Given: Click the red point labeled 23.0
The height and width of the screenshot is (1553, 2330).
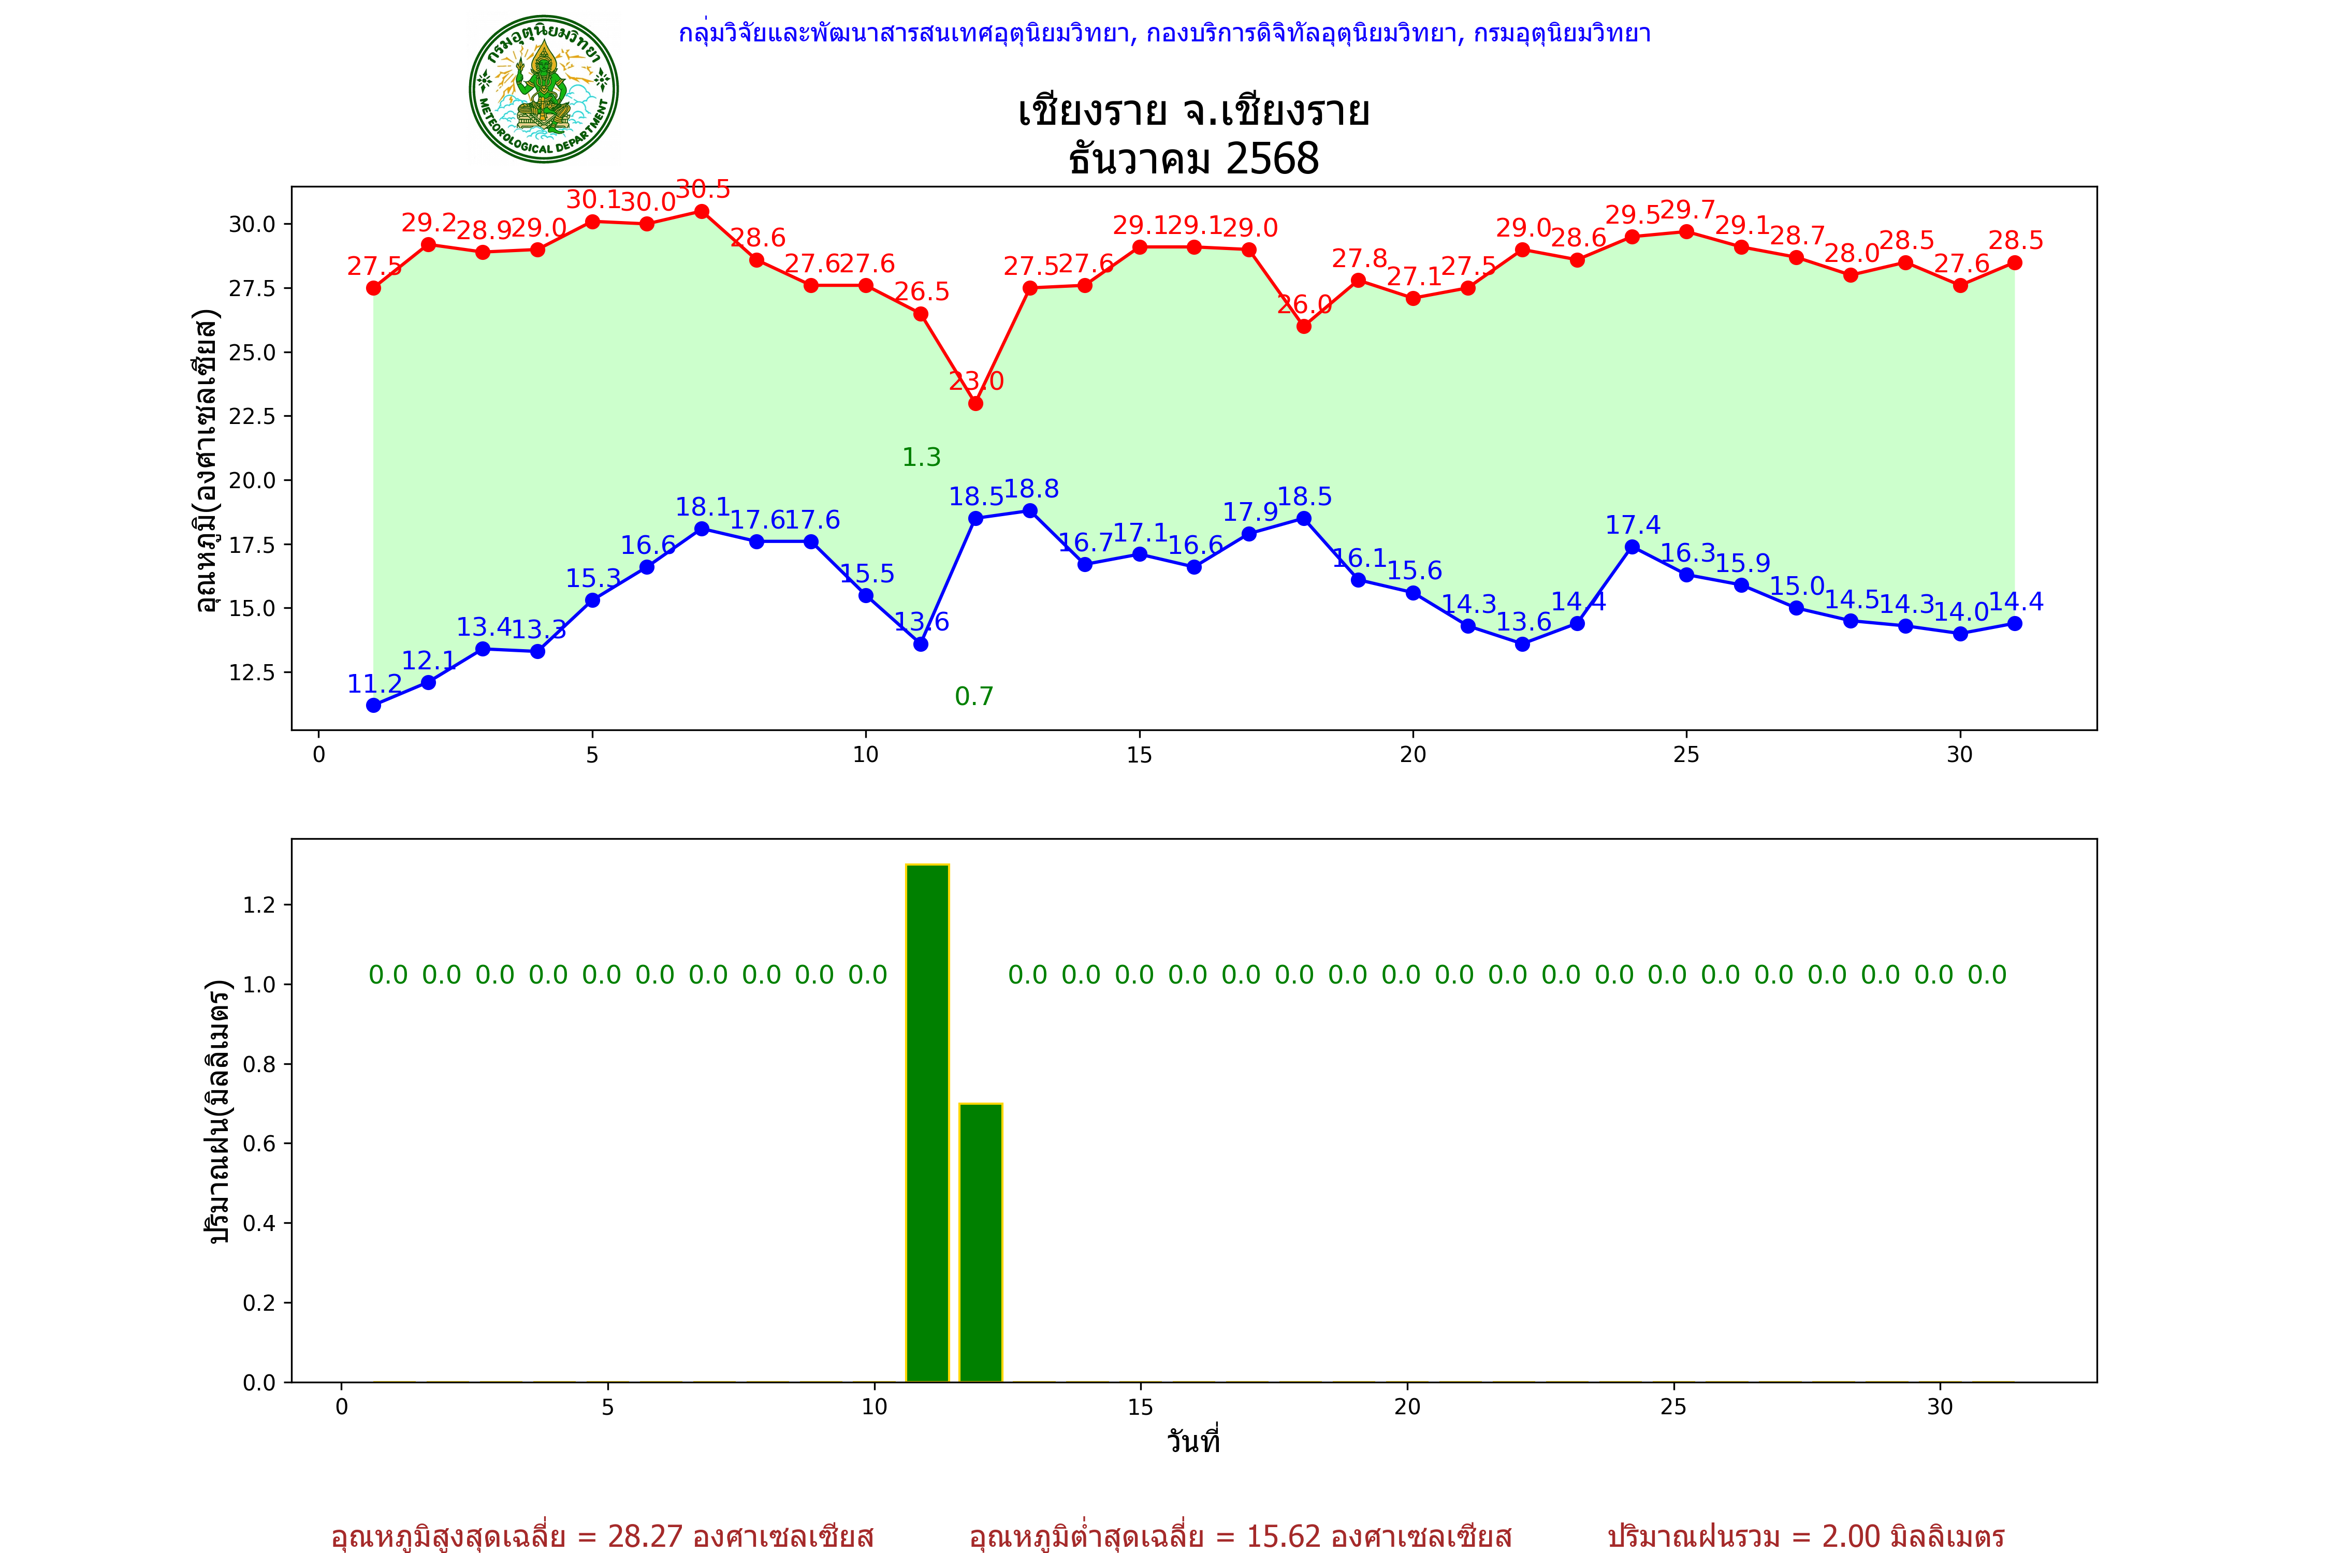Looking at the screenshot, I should click(976, 403).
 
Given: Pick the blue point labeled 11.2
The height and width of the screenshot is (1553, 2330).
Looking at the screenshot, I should click(373, 705).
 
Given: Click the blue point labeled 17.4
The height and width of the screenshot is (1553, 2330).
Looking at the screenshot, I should click(1633, 547).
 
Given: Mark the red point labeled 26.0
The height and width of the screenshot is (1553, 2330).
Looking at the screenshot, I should click(1304, 326).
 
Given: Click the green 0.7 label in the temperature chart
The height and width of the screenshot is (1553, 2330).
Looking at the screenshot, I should click(974, 696).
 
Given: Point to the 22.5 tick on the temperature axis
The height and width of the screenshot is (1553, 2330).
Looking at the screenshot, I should click(253, 416).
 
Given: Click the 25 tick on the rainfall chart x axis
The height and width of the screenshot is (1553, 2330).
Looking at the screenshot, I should click(1673, 1407).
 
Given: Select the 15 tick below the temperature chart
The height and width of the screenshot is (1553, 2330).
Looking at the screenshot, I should click(1139, 755).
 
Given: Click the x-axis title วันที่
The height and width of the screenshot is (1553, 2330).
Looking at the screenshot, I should click(1193, 1441).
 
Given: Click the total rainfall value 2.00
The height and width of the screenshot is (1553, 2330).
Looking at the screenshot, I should click(1851, 1536).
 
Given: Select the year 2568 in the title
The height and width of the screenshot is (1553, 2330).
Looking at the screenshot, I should click(1272, 158).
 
